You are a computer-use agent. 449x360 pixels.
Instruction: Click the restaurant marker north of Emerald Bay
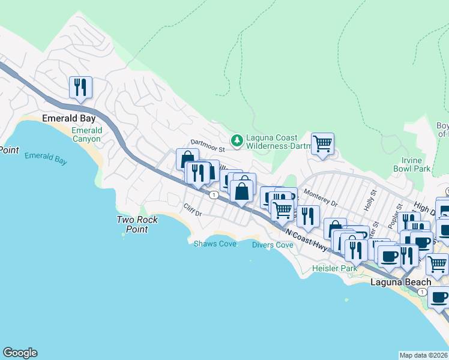click(80, 88)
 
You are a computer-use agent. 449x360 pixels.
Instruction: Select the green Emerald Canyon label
click(86, 134)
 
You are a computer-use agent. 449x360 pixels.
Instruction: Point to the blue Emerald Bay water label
click(45, 158)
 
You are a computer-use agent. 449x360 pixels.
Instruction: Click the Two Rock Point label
click(137, 224)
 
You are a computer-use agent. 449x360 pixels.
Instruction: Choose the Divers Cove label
click(273, 245)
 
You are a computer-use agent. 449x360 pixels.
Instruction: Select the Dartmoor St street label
click(207, 145)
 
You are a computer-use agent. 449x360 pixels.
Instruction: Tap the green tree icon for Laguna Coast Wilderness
click(238, 139)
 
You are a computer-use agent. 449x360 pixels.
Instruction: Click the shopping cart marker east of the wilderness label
click(322, 144)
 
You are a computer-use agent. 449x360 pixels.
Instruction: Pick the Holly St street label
click(369, 200)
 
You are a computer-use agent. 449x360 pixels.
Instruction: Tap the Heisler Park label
click(334, 268)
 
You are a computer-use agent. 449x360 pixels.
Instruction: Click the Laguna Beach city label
click(400, 282)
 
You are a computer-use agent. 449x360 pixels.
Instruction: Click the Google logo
click(20, 353)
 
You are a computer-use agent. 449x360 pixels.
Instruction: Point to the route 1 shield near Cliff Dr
click(213, 194)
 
